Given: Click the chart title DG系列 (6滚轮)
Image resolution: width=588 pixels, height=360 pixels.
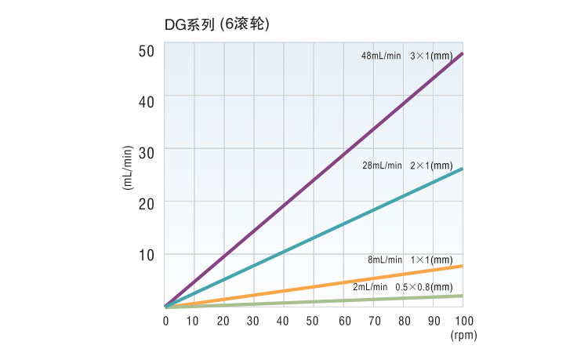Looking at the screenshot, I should [x=216, y=24].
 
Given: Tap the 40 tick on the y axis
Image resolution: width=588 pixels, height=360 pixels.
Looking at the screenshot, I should [x=147, y=100].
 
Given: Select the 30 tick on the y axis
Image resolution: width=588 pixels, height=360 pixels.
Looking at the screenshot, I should [x=147, y=151].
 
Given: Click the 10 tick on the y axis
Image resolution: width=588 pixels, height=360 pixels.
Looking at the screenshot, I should [x=147, y=254].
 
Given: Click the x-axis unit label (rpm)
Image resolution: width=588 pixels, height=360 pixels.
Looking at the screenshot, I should [x=464, y=335].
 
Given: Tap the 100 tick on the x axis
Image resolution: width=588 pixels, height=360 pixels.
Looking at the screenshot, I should [x=463, y=321].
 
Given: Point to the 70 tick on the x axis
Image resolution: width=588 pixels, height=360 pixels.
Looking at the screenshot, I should [x=374, y=321].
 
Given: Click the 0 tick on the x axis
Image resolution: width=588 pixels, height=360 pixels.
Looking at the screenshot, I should [x=165, y=321].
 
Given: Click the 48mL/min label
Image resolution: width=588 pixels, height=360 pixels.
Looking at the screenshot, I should [x=382, y=56].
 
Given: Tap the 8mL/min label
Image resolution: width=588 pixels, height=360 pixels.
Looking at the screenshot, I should [x=385, y=260].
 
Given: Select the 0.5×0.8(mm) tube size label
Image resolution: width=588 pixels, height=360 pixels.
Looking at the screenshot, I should [x=424, y=287].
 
